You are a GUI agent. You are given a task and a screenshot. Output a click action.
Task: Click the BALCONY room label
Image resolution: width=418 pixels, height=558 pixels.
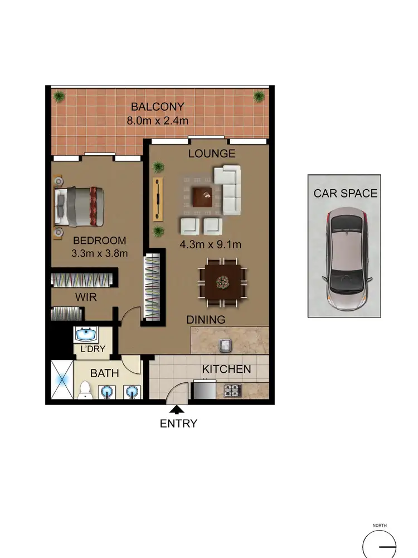(157, 107)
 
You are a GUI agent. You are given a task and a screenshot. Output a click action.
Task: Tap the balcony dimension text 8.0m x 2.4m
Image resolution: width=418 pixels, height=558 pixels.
(157, 119)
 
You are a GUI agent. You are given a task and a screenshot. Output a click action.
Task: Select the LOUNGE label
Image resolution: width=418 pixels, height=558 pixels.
(211, 153)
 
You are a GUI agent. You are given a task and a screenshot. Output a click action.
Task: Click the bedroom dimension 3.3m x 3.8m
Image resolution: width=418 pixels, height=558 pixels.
(101, 253)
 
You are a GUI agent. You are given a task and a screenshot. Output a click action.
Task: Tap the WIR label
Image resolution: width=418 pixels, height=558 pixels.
(86, 297)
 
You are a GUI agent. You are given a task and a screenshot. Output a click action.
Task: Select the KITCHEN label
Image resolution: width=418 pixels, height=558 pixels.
(226, 369)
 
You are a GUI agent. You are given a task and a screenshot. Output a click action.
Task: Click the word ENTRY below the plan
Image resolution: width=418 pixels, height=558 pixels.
(178, 424)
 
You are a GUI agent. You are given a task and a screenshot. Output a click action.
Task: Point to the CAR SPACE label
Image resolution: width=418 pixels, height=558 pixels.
(345, 194)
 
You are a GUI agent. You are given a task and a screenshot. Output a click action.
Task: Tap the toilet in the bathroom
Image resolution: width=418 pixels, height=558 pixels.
(84, 390)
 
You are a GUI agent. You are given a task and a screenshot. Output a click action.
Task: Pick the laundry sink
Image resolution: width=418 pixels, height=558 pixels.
(86, 335)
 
